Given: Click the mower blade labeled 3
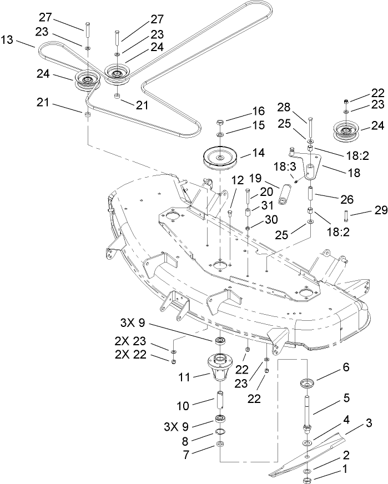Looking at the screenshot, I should [x=311, y=453].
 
